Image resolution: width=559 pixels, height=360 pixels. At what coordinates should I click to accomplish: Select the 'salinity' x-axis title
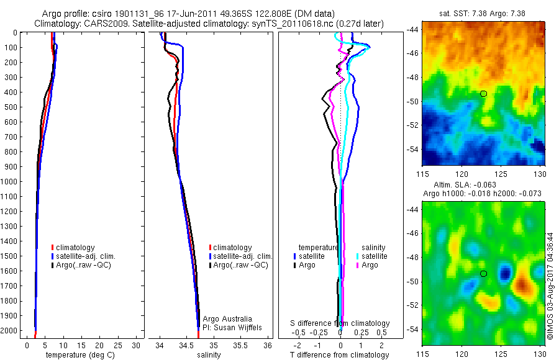[x=210, y=355]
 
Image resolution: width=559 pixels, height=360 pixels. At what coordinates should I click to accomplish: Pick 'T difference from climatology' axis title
[x=340, y=355]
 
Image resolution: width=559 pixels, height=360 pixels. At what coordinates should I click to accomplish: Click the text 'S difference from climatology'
[x=340, y=323]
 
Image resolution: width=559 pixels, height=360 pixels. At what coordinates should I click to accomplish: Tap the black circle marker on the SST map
[x=483, y=94]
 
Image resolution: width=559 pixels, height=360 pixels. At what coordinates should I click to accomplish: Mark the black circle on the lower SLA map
[x=483, y=274]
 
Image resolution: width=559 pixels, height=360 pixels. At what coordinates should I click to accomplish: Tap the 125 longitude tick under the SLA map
[x=502, y=353]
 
